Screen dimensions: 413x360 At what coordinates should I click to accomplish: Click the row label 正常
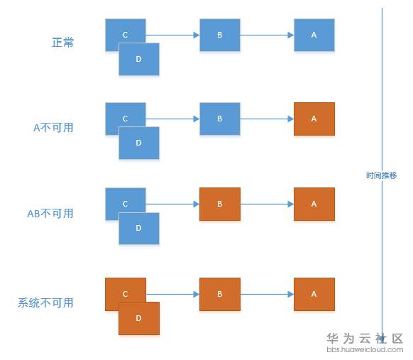pyautogui.click(x=62, y=43)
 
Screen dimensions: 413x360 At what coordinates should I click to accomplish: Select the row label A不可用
pyautogui.click(x=53, y=128)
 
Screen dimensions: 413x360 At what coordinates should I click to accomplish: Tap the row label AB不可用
pyautogui.click(x=50, y=213)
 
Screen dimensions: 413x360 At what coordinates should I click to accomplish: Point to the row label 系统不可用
pyautogui.click(x=45, y=302)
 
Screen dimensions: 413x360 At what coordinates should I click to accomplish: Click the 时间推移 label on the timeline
pyautogui.click(x=381, y=175)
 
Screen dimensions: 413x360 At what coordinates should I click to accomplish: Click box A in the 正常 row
pyautogui.click(x=314, y=35)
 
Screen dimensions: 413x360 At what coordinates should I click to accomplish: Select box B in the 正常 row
pyautogui.click(x=220, y=35)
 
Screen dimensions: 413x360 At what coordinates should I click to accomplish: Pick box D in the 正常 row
pyautogui.click(x=139, y=60)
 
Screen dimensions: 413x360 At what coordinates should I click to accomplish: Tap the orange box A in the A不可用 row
pyautogui.click(x=314, y=119)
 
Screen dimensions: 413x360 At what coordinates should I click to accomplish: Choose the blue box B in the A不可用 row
pyautogui.click(x=220, y=119)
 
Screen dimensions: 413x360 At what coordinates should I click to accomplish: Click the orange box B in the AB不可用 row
pyautogui.click(x=220, y=204)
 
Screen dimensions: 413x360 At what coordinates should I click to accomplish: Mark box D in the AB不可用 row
pyautogui.click(x=139, y=229)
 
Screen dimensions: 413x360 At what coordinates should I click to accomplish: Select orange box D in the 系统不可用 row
pyautogui.click(x=139, y=318)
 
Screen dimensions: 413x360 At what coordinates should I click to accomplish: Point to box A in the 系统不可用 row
pyautogui.click(x=314, y=294)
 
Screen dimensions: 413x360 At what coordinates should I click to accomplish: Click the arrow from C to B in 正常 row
pyautogui.click(x=172, y=35)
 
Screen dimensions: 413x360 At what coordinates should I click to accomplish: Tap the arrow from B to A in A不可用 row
pyautogui.click(x=267, y=119)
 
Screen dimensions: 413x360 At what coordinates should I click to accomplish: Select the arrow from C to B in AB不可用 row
pyautogui.click(x=172, y=204)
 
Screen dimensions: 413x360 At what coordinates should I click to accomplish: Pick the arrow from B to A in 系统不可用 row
pyautogui.click(x=267, y=294)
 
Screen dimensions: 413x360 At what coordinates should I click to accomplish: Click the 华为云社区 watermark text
pyautogui.click(x=365, y=339)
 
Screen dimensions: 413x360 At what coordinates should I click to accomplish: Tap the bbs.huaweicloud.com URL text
pyautogui.click(x=365, y=349)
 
